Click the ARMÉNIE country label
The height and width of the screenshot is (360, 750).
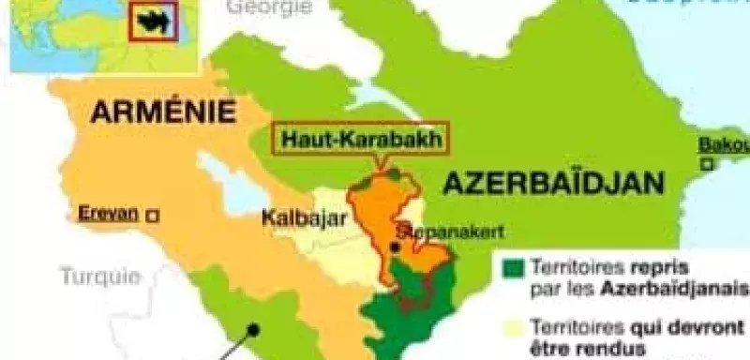pyautogui.click(x=162, y=113)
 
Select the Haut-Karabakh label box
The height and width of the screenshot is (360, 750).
pyautogui.click(x=360, y=141)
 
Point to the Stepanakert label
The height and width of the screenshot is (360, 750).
pyautogui.click(x=438, y=231)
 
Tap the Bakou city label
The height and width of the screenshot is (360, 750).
pyautogui.click(x=724, y=145)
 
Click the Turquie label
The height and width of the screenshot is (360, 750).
pyautogui.click(x=100, y=276)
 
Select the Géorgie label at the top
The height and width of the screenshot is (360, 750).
pyautogui.click(x=269, y=7)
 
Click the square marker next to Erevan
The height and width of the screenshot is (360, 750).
pyautogui.click(x=153, y=215)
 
